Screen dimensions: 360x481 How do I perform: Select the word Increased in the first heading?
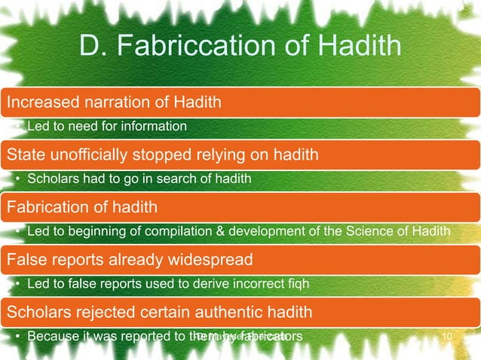point(36,99)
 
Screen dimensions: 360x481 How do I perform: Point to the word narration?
point(105,99)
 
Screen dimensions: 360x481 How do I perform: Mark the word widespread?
point(210,259)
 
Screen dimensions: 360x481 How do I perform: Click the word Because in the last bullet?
point(52,336)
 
